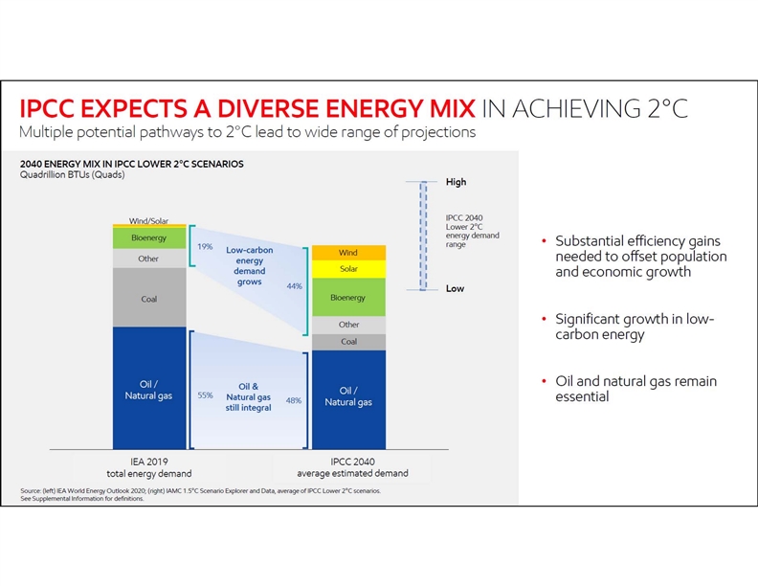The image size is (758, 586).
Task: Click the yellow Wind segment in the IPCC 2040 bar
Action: tap(348, 253)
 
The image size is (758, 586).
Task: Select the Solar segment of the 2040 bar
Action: tap(348, 269)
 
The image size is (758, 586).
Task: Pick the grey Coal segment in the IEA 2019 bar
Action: tap(149, 298)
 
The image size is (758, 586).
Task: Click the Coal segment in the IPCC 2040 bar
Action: tap(348, 342)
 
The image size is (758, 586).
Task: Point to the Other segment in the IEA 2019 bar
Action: tap(149, 259)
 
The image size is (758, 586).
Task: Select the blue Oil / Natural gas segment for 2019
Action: tap(149, 390)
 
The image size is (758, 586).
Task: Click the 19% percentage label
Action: tap(204, 246)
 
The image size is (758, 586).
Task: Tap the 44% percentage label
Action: tap(295, 285)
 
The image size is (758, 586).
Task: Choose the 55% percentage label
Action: tap(204, 394)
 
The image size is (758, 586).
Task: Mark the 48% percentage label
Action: tap(294, 401)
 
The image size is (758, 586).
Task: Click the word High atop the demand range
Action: tap(456, 182)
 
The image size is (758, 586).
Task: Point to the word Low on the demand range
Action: tap(455, 288)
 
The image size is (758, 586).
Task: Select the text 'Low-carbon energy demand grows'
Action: tap(249, 266)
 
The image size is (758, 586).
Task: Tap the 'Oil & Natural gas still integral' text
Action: tap(249, 397)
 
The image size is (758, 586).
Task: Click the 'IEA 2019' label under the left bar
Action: tap(149, 461)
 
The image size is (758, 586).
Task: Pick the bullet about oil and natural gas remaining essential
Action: tap(635, 389)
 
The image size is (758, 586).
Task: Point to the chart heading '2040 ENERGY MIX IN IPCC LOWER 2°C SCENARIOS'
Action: tap(132, 164)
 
